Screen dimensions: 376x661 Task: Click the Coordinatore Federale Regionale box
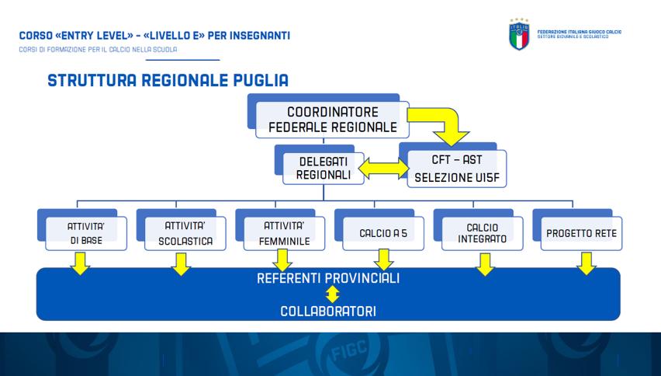point(331,120)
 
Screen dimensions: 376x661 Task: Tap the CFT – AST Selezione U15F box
point(457,169)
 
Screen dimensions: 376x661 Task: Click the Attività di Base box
point(85,232)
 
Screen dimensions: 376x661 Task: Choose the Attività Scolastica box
point(185,232)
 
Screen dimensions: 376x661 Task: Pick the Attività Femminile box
point(285,232)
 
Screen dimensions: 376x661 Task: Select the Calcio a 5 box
point(383,232)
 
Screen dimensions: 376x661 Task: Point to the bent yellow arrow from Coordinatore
point(442,124)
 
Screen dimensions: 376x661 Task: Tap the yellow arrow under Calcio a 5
point(383,259)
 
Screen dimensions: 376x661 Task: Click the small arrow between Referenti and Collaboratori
point(332,294)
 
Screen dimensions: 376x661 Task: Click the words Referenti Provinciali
point(328,278)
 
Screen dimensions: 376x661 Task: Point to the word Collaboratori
point(328,311)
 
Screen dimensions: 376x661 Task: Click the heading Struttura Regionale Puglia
point(168,81)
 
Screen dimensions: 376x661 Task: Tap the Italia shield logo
point(518,34)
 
